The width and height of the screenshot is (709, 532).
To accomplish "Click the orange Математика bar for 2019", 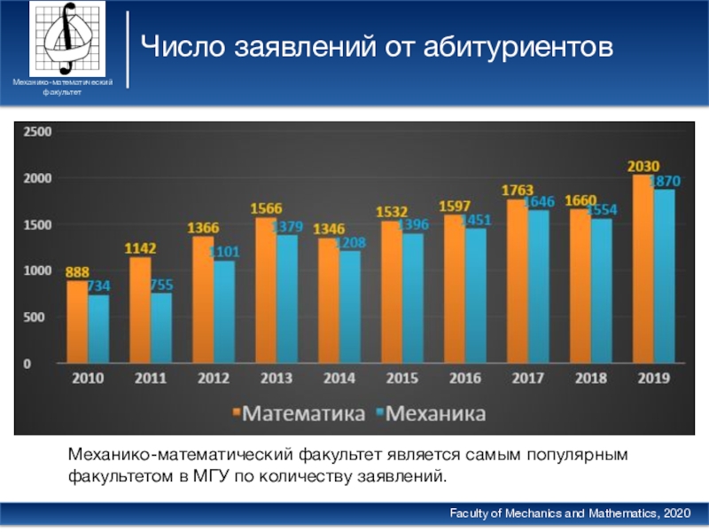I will (643, 268).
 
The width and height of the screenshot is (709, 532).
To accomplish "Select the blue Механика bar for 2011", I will (161, 328).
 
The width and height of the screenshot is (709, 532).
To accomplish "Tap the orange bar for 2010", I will (77, 322).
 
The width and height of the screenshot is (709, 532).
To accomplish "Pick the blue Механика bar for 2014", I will (350, 307).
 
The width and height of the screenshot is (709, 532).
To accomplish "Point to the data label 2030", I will (643, 166).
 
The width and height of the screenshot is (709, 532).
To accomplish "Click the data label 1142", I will (140, 249).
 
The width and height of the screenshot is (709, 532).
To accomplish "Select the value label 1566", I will (266, 209).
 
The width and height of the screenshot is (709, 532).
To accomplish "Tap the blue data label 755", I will (162, 285).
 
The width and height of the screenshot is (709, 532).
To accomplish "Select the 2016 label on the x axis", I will (465, 378).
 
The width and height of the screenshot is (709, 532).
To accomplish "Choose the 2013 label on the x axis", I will (276, 378).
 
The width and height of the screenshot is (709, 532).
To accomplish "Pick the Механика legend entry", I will (431, 414).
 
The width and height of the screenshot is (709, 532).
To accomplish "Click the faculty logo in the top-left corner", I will (66, 39).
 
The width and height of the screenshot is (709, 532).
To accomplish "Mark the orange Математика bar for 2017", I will (516, 281).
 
